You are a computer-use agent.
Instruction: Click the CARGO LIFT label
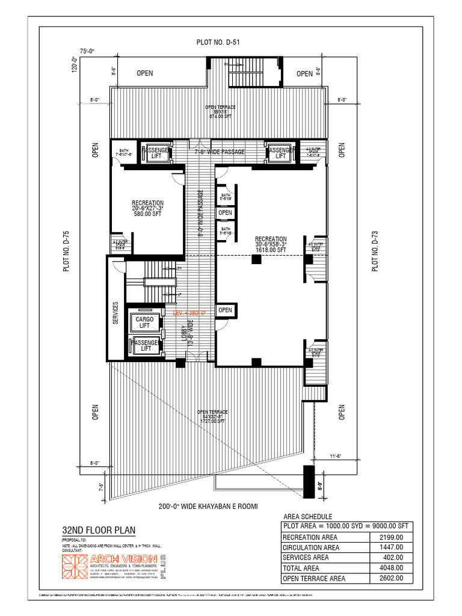(x=144, y=322)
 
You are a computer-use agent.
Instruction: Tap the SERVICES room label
(x=115, y=313)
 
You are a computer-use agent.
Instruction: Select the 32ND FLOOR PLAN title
(x=99, y=530)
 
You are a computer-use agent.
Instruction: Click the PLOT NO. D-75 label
(x=67, y=252)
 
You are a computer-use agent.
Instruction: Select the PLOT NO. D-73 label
(x=375, y=251)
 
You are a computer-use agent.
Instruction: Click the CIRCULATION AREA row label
(x=311, y=547)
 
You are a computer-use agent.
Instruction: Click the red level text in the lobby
(x=189, y=313)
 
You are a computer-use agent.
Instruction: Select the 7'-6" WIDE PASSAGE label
(x=220, y=152)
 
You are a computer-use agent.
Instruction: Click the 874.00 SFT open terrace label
(x=220, y=117)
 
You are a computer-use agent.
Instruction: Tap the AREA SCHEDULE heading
(x=307, y=517)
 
